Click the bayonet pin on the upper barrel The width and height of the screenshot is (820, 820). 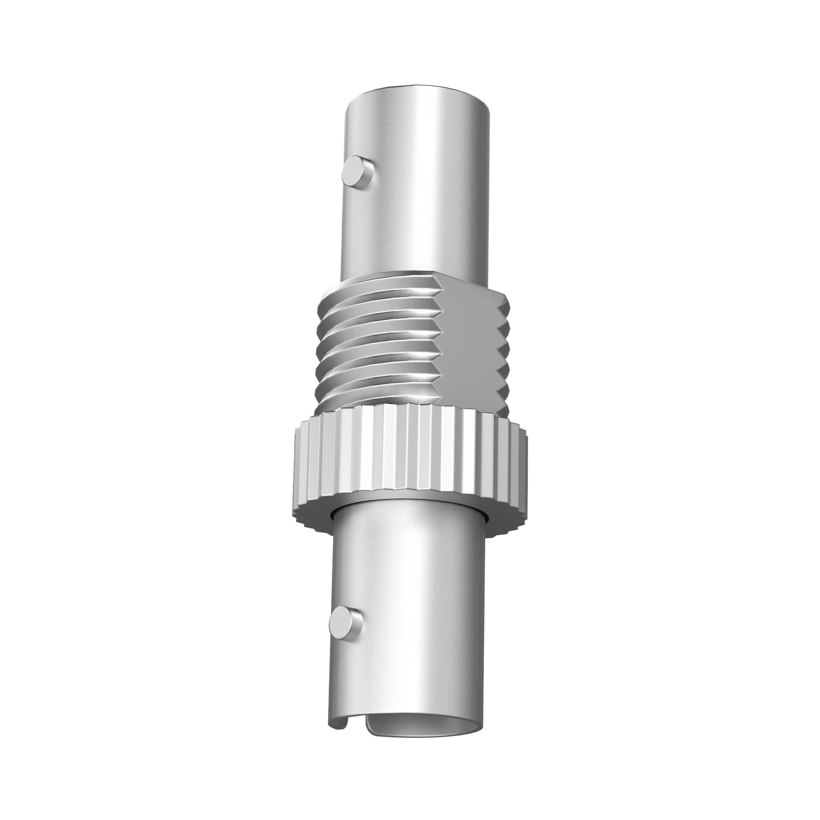358,174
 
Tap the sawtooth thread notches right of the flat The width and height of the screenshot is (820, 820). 505,350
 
